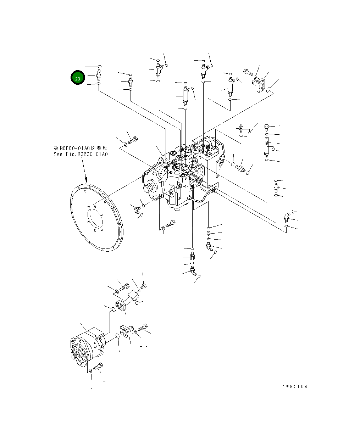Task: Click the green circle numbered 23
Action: [x=77, y=78]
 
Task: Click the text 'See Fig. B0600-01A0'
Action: [x=81, y=155]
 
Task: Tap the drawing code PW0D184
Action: [x=294, y=386]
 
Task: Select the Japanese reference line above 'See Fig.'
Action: [x=81, y=148]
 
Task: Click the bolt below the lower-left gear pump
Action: [x=98, y=367]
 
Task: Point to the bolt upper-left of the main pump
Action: [x=132, y=140]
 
